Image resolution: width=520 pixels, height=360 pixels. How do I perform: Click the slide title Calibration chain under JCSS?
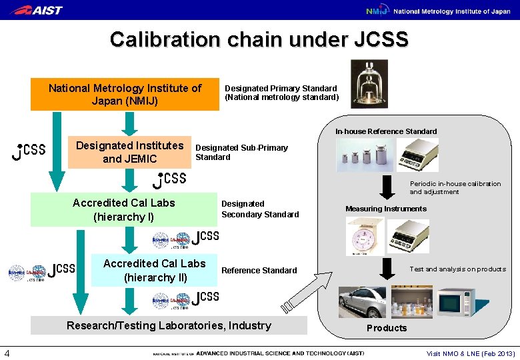coord(259,39)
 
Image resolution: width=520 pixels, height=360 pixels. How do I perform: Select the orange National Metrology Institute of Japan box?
coord(125,95)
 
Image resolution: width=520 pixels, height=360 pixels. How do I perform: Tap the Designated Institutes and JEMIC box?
coord(129,152)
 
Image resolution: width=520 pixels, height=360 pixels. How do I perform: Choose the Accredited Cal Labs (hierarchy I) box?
coord(123,209)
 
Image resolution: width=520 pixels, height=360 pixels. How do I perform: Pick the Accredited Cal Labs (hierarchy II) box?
coord(154,270)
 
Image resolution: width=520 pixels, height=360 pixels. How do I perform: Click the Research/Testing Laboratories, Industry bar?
coord(169,325)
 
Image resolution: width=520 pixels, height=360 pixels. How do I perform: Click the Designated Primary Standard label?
coord(281,93)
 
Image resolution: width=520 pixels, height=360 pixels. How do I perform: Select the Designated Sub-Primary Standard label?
coord(241,152)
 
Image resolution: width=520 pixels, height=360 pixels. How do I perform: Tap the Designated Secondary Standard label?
coord(259,209)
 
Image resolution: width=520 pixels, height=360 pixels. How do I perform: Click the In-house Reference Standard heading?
coord(386,131)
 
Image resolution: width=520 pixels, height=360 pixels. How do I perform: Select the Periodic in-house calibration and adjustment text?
coord(455,187)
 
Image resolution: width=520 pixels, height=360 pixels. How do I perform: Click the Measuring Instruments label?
coord(385,209)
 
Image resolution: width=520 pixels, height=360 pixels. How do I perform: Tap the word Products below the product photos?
coord(386,328)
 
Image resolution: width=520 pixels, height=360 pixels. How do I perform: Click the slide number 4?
coord(6,353)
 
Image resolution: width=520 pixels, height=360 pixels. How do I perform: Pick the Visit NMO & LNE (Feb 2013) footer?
coord(471,353)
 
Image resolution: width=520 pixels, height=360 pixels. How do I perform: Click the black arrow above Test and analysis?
coord(386,267)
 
